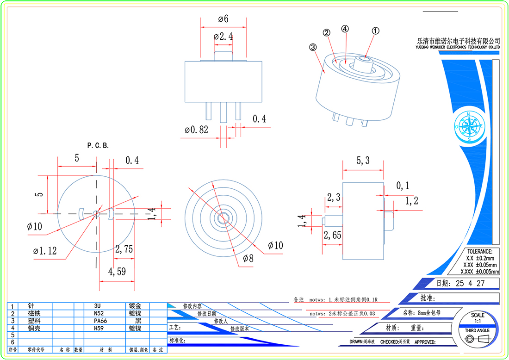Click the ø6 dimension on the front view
coord(223,19)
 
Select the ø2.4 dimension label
coord(223,36)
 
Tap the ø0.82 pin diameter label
coord(196,130)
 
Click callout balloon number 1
coord(376,31)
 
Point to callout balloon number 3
coord(313,47)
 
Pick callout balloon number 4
coord(345,29)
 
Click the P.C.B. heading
coord(98,145)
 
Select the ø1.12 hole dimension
coord(44,251)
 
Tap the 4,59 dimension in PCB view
coord(117,272)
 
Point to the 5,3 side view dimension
coord(363,161)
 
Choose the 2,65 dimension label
coord(332,235)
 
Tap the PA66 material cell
coord(101,321)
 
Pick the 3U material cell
coord(97,306)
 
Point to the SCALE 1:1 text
coord(478,318)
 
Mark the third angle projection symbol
coord(478,340)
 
